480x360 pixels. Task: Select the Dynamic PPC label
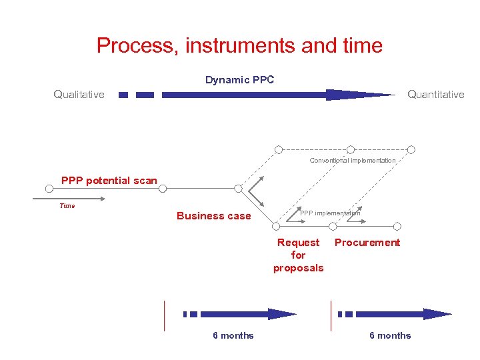[239, 80]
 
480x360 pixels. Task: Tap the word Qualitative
[79, 95]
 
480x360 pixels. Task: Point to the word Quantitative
[435, 95]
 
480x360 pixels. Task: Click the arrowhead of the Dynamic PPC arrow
[353, 95]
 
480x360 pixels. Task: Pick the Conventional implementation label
[352, 161]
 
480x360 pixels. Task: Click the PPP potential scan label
[109, 180]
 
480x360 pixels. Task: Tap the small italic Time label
[67, 206]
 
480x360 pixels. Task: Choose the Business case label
[213, 216]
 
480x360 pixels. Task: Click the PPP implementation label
[329, 213]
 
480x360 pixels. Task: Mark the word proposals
[298, 268]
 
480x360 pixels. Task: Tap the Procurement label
[367, 243]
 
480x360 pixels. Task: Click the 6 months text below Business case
[233, 335]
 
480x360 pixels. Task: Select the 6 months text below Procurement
[390, 335]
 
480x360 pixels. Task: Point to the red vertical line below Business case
[164, 315]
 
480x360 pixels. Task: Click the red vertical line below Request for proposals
[331, 315]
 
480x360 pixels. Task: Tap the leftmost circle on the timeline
[49, 189]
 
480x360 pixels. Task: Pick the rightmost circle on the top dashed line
[411, 149]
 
